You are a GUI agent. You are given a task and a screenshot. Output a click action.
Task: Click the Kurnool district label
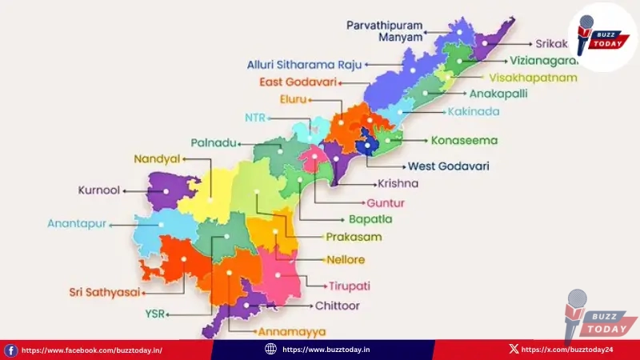[x=98, y=191]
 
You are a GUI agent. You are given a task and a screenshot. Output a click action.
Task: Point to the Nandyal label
[x=157, y=159]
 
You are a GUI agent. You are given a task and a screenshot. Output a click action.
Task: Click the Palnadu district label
[x=214, y=143]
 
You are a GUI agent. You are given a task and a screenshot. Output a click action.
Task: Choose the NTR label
[x=254, y=118]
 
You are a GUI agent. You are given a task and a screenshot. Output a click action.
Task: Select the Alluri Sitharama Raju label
[x=305, y=64]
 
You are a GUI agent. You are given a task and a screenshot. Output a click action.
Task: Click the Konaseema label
[x=464, y=141]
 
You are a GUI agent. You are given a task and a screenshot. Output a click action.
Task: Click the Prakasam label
[x=354, y=237]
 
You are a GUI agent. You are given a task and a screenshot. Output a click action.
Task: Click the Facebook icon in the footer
[x=10, y=350]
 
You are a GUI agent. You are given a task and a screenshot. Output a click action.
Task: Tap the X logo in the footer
[x=513, y=350]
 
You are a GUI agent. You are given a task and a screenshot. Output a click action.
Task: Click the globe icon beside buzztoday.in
[x=270, y=350]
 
